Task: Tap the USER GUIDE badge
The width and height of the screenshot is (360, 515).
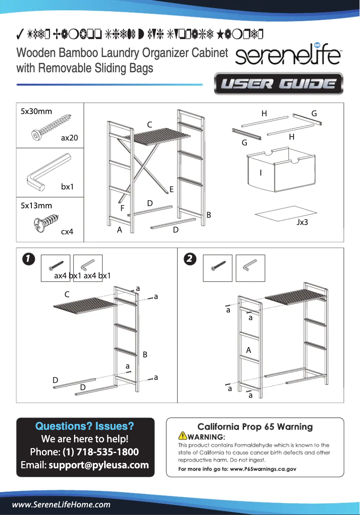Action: [278, 84]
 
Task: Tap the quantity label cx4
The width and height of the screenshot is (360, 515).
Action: [67, 232]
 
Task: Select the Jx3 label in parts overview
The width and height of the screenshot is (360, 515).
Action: [302, 222]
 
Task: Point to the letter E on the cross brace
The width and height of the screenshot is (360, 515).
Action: [171, 190]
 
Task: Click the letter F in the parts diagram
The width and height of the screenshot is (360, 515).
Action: [122, 209]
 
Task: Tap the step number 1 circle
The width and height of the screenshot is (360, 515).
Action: [28, 259]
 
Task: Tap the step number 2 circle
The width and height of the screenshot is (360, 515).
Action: [190, 259]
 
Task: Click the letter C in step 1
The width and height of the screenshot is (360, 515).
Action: [67, 295]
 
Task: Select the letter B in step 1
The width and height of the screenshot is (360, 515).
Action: [145, 355]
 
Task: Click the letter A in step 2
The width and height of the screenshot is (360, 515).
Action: [248, 350]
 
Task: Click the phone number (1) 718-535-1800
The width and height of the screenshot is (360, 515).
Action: [100, 452]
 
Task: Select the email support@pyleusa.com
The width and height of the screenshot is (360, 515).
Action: [99, 465]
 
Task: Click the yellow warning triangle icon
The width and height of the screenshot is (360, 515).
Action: [183, 436]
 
